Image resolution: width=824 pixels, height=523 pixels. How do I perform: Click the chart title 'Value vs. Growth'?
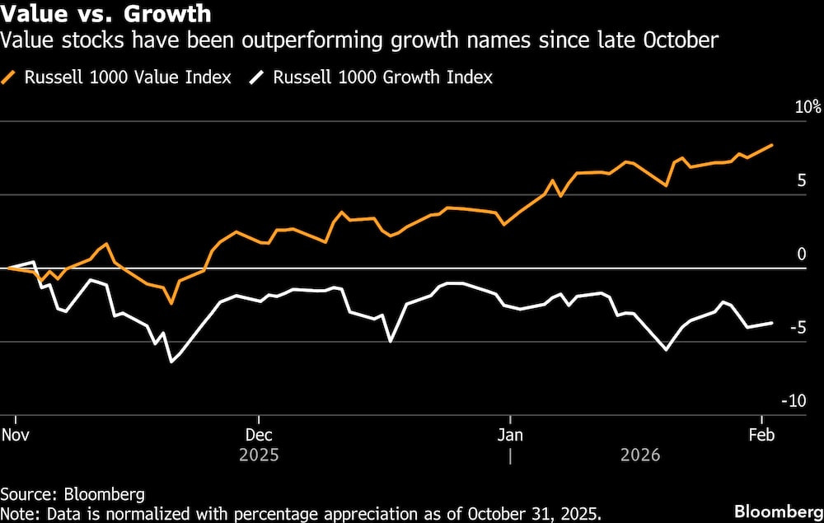coord(105,14)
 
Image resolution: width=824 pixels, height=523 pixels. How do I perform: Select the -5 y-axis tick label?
coord(798,327)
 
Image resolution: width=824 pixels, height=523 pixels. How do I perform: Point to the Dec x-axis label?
coord(259,434)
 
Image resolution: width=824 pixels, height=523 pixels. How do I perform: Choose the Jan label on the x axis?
coord(510,434)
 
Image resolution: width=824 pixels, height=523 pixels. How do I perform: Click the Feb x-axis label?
coord(761,434)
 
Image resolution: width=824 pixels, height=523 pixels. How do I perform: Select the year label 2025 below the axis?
coord(259,455)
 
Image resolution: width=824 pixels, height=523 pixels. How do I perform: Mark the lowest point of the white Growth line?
coord(171,362)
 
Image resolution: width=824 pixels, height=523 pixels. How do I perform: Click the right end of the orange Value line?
coord(772,145)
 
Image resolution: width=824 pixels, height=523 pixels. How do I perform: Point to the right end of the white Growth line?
coord(772,323)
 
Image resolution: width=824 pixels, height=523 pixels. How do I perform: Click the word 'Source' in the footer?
coord(25,494)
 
